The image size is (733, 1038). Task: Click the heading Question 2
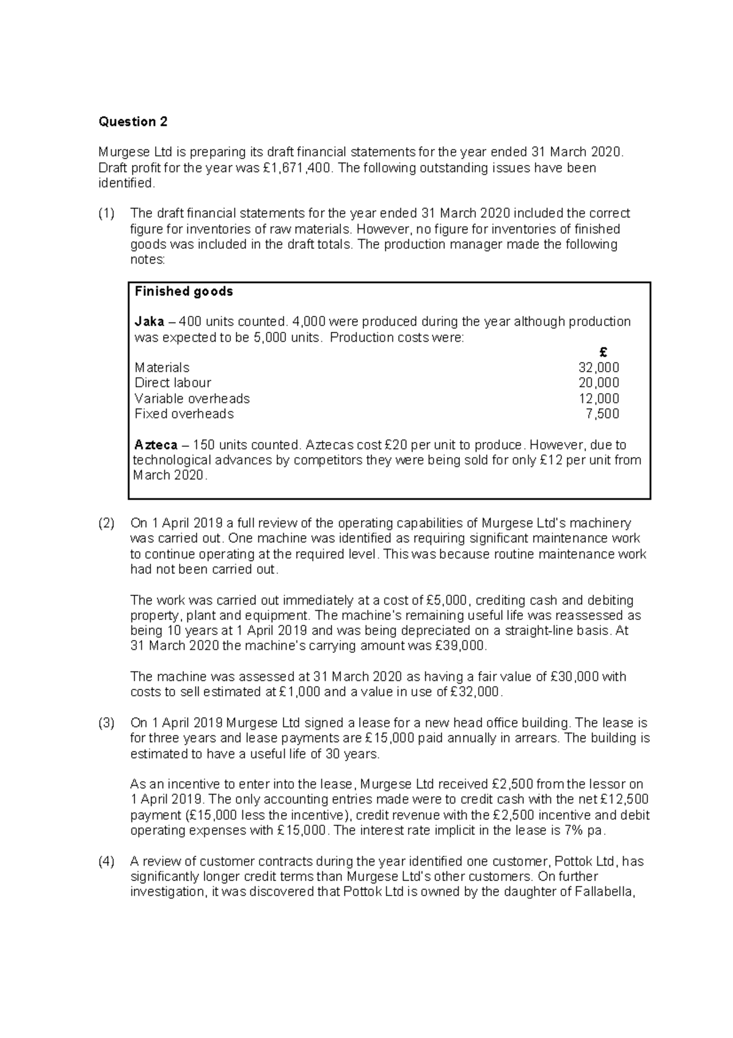click(133, 122)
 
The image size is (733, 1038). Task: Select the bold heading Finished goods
click(184, 292)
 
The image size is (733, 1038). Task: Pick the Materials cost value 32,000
click(599, 367)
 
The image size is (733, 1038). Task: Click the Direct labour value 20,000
click(599, 383)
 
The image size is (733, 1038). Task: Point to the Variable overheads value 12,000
click(599, 399)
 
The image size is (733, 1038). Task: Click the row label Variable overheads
click(192, 399)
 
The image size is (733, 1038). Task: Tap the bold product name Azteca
click(156, 445)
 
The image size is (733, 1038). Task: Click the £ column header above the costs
click(604, 353)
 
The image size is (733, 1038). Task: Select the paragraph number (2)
click(106, 523)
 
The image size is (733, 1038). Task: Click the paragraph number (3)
click(106, 723)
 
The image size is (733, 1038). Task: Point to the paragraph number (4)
click(106, 862)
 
